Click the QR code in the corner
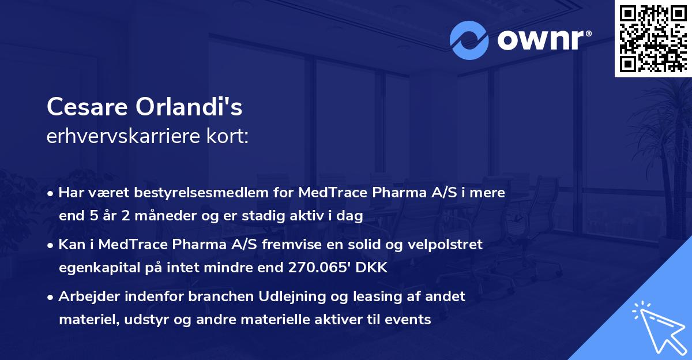pyautogui.click(x=652, y=38)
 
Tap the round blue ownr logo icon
pyautogui.click(x=469, y=39)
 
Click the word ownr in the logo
pyautogui.click(x=543, y=39)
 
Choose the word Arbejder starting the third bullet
pyautogui.click(x=85, y=297)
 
